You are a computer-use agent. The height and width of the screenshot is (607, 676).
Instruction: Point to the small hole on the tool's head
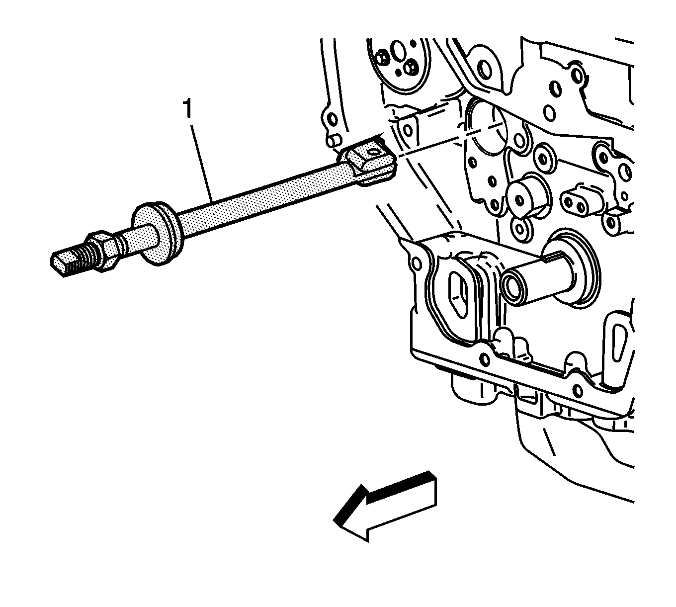coord(373,152)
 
